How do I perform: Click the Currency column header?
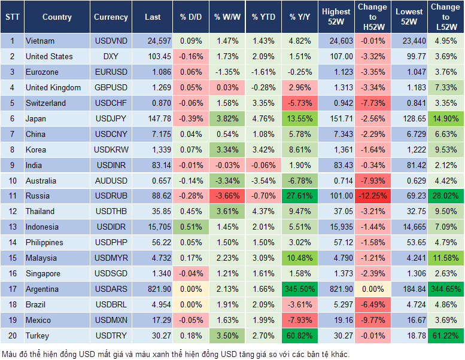pyautogui.click(x=111, y=17)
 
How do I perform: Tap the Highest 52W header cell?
pyautogui.click(x=336, y=17)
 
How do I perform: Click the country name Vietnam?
pyautogui.click(x=40, y=41)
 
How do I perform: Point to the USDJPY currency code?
pyautogui.click(x=111, y=118)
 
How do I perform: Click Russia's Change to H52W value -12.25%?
pyautogui.click(x=372, y=196)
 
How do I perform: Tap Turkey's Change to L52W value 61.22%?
pyautogui.click(x=445, y=336)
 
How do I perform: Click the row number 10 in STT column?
pyautogui.click(x=11, y=181)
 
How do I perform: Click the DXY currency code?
pyautogui.click(x=111, y=56)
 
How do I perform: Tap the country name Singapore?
pyautogui.click(x=43, y=274)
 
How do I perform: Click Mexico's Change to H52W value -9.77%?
pyautogui.click(x=372, y=321)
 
